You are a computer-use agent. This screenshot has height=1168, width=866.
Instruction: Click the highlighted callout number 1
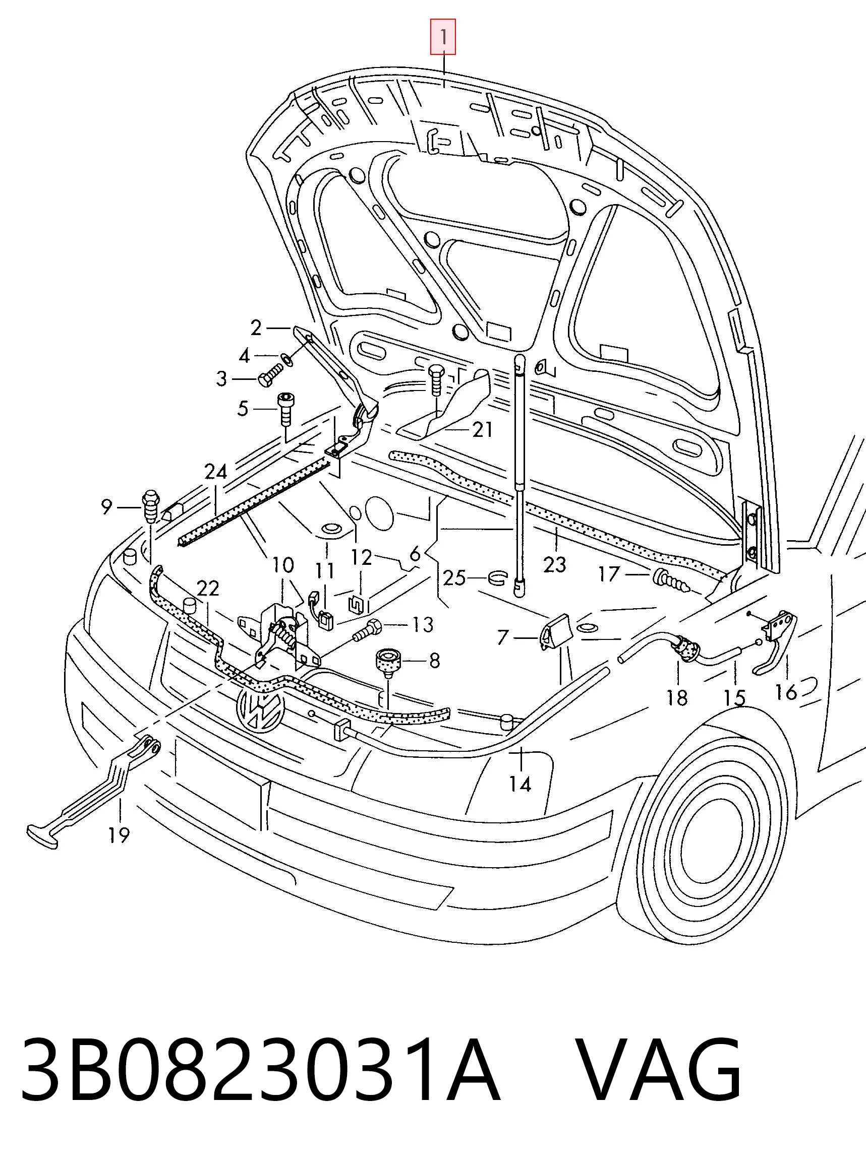pyautogui.click(x=443, y=37)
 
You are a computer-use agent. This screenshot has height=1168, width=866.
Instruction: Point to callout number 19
pyautogui.click(x=119, y=835)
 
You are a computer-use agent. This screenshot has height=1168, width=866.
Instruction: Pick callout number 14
pyautogui.click(x=520, y=784)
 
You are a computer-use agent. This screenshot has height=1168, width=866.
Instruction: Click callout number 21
pyautogui.click(x=483, y=429)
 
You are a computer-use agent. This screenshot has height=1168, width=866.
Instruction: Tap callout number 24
pyautogui.click(x=215, y=472)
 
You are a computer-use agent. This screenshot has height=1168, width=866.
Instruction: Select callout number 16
pyautogui.click(x=786, y=692)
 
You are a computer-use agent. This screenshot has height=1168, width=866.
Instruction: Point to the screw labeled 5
pyautogui.click(x=285, y=409)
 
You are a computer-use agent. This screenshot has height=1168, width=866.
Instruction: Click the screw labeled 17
pyautogui.click(x=672, y=581)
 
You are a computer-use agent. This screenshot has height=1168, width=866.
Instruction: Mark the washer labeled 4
pyautogui.click(x=287, y=359)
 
